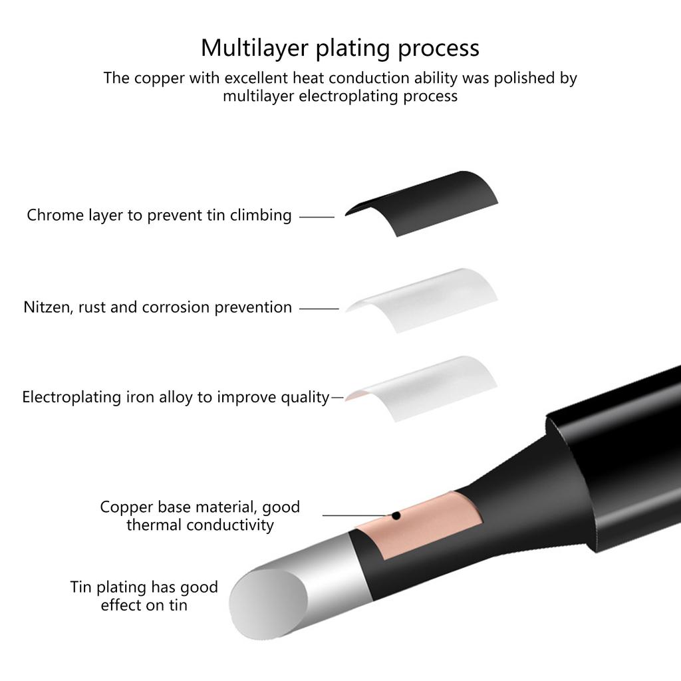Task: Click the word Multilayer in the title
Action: [x=255, y=48]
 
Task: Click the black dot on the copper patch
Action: [x=396, y=515]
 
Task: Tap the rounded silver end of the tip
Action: [x=268, y=604]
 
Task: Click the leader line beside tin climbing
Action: [x=317, y=217]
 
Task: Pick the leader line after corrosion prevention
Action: [x=319, y=309]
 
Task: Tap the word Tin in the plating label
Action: [x=80, y=587]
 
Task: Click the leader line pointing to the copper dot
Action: [x=356, y=515]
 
